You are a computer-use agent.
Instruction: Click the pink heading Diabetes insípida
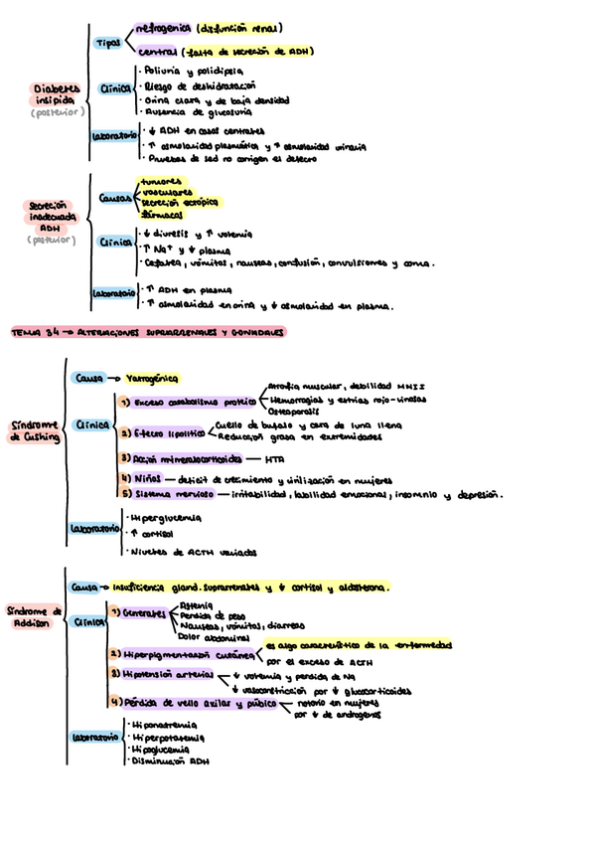[x=56, y=93]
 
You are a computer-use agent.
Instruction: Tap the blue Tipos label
[x=108, y=43]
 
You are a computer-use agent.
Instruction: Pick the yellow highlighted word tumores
[x=162, y=181]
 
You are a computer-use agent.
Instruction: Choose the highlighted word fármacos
[x=161, y=214]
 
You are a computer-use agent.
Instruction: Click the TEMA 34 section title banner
[x=147, y=331]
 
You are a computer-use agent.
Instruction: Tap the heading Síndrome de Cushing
[x=33, y=429]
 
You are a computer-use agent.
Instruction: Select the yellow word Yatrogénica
[x=157, y=378]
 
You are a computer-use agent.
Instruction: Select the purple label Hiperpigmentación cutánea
[x=185, y=654]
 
